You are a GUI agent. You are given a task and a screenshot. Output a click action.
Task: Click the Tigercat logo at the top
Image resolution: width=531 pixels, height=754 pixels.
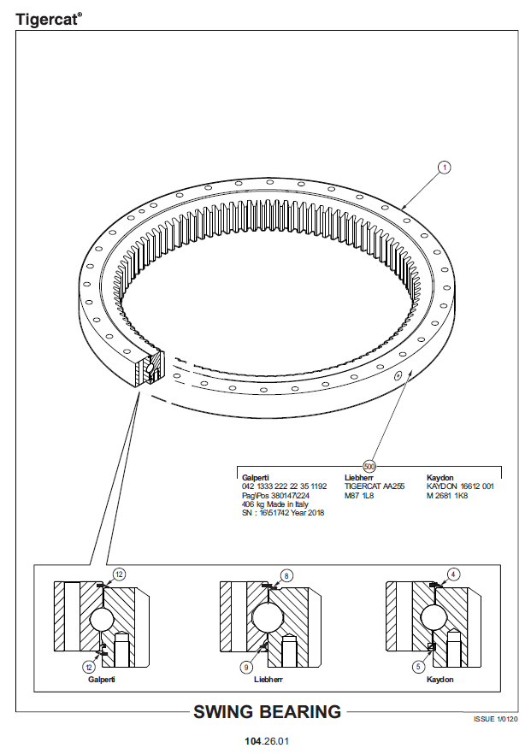49,19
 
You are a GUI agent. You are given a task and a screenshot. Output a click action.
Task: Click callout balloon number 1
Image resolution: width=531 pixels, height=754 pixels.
445,168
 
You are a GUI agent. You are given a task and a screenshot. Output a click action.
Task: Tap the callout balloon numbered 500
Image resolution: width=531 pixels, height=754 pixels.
369,466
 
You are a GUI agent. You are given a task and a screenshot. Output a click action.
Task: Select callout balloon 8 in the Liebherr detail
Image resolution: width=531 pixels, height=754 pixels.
286,575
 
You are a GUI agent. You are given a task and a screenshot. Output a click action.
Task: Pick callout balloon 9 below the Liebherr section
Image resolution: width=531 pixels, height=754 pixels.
246,667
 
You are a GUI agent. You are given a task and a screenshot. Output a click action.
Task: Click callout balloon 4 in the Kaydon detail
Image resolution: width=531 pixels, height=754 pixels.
453,574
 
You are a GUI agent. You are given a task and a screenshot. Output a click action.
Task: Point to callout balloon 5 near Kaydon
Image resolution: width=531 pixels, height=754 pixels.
418,667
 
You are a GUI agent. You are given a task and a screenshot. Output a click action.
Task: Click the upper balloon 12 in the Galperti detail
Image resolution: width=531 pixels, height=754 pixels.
119,574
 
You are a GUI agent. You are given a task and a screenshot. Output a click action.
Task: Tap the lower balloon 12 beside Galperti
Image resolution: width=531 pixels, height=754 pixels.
89,667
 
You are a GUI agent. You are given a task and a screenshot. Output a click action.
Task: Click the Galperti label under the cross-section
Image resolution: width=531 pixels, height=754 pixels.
102,680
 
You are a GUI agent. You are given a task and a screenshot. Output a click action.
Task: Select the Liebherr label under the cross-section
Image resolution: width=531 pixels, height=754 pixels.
268,680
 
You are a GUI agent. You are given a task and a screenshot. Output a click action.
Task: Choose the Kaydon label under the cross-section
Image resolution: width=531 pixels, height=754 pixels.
440,680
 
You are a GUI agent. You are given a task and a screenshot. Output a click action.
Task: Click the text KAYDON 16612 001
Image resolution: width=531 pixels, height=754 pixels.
460,486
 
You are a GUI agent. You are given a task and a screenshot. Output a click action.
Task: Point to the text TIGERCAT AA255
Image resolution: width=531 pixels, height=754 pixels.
375,486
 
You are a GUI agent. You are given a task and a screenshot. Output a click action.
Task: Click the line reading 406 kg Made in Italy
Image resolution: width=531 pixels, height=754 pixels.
275,504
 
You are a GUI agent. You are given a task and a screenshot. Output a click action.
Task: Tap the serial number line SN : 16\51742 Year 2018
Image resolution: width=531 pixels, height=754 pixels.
283,513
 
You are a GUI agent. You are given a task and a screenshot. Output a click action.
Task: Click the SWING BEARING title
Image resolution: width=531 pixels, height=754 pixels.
267,711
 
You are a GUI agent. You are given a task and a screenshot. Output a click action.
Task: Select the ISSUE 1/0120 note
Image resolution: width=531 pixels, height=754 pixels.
495,719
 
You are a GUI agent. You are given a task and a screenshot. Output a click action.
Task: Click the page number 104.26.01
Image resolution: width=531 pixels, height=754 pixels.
267,741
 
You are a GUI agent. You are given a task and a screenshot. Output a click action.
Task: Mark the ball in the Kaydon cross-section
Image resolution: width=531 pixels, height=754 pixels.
434,617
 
